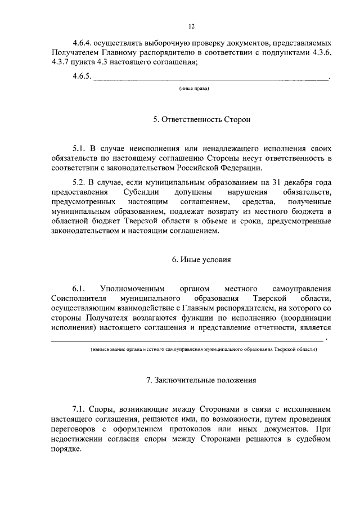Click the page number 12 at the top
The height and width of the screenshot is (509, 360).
[x=191, y=26]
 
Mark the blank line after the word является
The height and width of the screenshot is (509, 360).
[x=187, y=340]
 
